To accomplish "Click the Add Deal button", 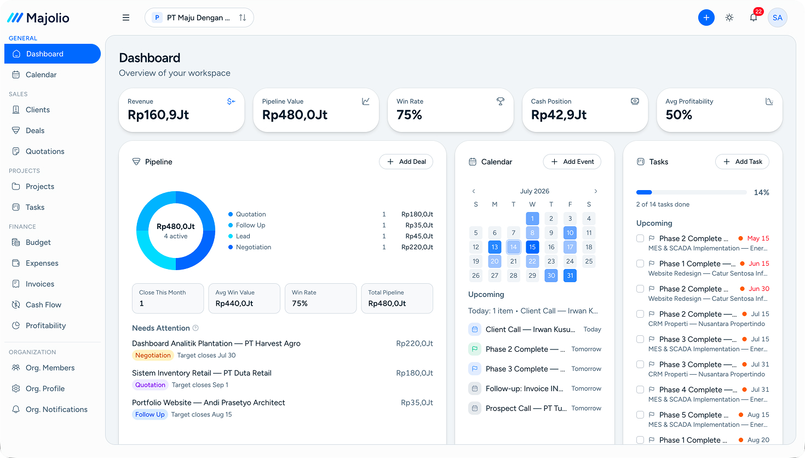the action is pos(406,162).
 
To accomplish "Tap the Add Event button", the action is pos(572,162).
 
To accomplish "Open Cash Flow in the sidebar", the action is pos(43,305).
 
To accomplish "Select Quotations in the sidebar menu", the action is pos(45,151).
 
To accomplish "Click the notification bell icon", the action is pos(754,18).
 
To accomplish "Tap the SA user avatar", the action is pos(777,18).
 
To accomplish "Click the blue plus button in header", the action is pos(706,18).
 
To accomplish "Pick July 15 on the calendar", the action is pos(532,247).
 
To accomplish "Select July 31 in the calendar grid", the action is pos(570,276).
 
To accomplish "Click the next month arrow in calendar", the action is pos(595,191).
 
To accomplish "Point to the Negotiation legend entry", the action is pos(254,247).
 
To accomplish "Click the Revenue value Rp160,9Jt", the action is pos(158,115).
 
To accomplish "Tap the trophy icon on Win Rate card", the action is pos(501,102).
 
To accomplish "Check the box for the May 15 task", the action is pos(640,238).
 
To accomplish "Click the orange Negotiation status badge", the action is pos(153,355).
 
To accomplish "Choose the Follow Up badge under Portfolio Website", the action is pos(150,415).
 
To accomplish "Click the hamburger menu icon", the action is pos(126,18).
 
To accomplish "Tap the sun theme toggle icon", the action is pos(729,18).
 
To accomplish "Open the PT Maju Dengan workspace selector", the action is pos(199,18).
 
